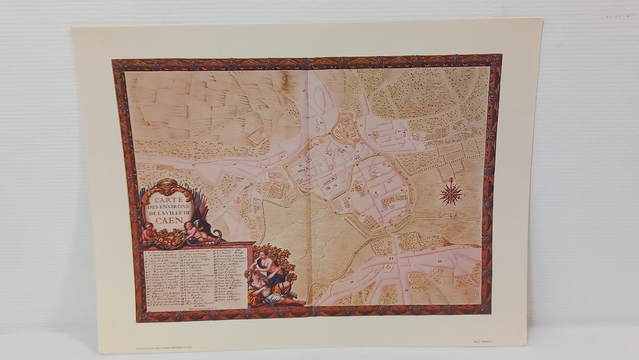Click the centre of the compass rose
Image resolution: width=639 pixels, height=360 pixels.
point(451,193)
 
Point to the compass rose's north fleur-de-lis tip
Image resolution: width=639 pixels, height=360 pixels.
point(451,179)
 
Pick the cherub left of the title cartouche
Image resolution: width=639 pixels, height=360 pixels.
point(147,232)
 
